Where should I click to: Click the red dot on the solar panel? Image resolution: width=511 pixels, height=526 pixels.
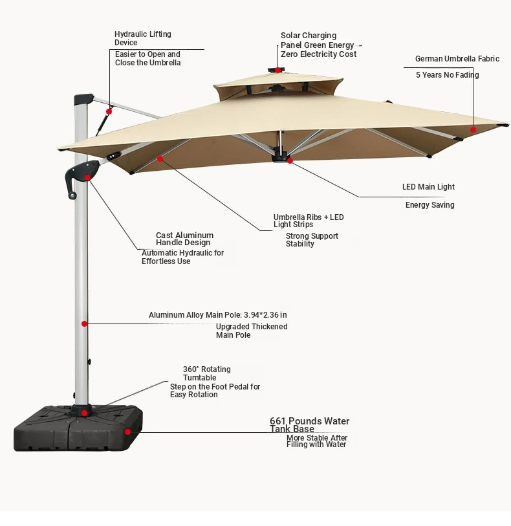278,70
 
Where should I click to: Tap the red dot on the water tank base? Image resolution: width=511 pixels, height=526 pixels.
127,432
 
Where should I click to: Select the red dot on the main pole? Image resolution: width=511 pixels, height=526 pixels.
85,323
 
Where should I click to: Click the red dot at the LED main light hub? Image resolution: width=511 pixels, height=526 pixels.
290,160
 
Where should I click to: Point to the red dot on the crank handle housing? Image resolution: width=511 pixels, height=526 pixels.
87,177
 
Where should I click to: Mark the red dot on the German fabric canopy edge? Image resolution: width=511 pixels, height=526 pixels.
473,129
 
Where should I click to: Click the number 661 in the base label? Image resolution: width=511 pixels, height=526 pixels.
277,421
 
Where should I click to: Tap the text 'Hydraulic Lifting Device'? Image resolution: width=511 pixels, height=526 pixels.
143,38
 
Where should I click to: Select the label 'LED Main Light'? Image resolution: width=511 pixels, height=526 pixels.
428,187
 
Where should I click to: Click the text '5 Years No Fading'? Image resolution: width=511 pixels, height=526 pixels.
448,75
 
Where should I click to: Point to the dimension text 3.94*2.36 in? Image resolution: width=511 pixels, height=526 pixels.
265,315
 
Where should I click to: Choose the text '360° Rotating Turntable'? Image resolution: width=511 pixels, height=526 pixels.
206,373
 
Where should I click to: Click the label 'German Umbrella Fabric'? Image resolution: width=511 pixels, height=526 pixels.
457,59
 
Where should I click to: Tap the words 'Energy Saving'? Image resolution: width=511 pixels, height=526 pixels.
430,205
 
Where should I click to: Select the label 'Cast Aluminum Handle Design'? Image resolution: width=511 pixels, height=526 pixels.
184,239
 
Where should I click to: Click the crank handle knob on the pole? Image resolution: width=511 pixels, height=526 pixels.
72,195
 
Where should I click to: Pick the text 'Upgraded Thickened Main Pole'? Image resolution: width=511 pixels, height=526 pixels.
252,331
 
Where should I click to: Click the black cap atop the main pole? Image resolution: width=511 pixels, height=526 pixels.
83,99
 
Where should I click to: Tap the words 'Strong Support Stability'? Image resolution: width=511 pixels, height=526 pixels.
312,240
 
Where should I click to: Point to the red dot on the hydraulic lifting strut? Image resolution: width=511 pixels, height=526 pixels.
109,112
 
